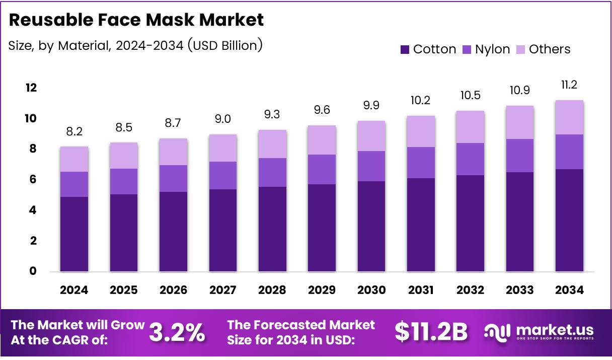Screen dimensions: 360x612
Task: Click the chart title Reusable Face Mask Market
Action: pos(136,20)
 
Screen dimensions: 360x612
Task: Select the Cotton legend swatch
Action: pos(405,49)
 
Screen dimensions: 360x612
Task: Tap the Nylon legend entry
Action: pos(486,49)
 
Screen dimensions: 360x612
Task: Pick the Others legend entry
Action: pos(543,49)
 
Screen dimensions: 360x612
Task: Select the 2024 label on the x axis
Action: pos(74,291)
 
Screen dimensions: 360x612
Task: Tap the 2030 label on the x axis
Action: pos(371,291)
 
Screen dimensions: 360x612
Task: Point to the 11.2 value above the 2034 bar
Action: pos(569,85)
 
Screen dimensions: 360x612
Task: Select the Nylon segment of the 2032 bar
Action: pos(471,159)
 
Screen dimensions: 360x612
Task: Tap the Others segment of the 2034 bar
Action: pos(569,117)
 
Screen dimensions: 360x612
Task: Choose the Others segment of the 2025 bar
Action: pos(124,156)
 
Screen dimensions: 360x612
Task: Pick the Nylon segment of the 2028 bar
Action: pos(272,172)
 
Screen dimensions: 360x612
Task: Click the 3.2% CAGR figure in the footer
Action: pos(177,332)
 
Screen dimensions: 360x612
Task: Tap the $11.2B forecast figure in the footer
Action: pos(431,332)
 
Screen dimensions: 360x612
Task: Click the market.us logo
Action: pos(539,332)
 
